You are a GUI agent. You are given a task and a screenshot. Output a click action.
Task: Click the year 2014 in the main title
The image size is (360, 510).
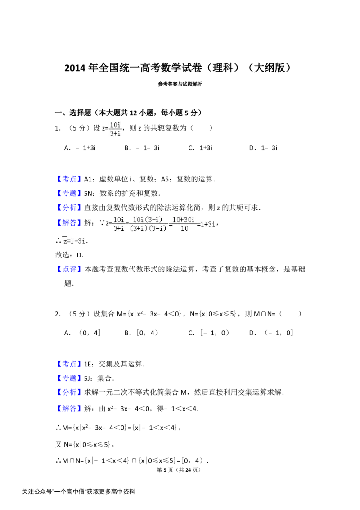(75, 68)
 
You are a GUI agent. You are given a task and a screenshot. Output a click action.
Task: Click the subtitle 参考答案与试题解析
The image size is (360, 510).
(180, 84)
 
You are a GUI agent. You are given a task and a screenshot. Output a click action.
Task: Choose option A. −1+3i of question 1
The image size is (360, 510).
(80, 148)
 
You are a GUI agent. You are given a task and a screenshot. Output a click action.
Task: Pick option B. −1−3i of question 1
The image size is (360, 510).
(142, 148)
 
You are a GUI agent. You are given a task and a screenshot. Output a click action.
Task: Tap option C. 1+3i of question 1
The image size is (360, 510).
(200, 148)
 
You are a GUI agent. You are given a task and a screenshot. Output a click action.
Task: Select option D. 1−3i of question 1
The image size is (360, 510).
(263, 148)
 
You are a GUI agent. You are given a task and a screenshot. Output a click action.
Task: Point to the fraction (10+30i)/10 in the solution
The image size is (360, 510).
(184, 224)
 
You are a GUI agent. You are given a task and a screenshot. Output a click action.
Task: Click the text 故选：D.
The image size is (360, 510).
(69, 255)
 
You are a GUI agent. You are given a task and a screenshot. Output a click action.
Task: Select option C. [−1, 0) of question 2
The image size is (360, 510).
(208, 333)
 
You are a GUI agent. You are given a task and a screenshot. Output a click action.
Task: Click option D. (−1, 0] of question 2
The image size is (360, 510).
(271, 333)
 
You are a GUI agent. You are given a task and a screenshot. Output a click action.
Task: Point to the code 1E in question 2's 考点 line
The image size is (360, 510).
(88, 364)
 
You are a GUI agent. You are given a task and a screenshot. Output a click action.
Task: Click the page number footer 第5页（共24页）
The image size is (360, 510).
(179, 470)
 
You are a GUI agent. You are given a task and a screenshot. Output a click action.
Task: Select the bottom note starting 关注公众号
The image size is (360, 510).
(78, 492)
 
